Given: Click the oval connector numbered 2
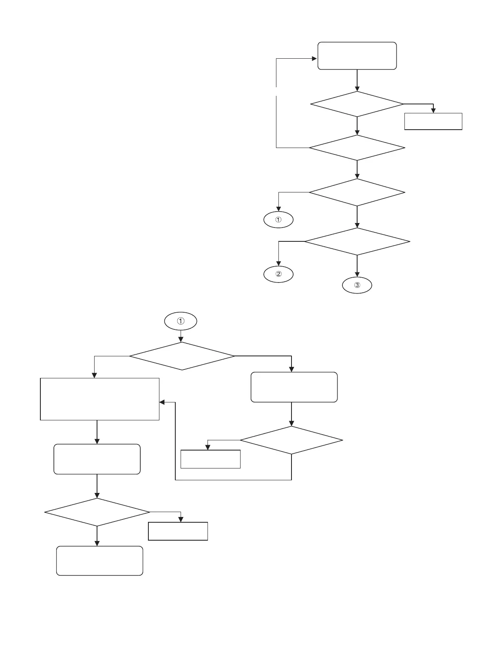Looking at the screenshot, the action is pyautogui.click(x=278, y=274).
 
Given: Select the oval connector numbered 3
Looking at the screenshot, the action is pyautogui.click(x=357, y=285).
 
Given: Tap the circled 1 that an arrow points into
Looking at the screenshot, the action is pyautogui.click(x=278, y=220).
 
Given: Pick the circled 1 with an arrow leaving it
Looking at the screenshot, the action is pyautogui.click(x=181, y=321).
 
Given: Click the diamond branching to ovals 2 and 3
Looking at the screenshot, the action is pyautogui.click(x=357, y=242).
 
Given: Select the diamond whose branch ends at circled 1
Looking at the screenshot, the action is pyautogui.click(x=357, y=192).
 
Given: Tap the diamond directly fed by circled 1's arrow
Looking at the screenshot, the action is pyautogui.click(x=182, y=356).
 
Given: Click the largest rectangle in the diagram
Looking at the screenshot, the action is pyautogui.click(x=99, y=399).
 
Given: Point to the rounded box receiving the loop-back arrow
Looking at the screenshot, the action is pyautogui.click(x=357, y=56).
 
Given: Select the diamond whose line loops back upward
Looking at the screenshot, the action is pyautogui.click(x=357, y=147).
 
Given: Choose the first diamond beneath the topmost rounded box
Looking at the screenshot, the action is pyautogui.click(x=357, y=104).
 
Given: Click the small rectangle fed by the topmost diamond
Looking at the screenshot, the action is pyautogui.click(x=433, y=121).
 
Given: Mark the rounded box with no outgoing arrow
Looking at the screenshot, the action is pyautogui.click(x=99, y=561).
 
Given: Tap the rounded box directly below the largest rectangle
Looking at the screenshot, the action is pyautogui.click(x=97, y=459).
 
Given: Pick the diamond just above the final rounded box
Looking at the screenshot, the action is pyautogui.click(x=97, y=512).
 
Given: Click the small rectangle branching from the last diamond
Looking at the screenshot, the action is pyautogui.click(x=178, y=531).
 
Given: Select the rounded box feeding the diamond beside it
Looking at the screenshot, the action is pyautogui.click(x=294, y=387).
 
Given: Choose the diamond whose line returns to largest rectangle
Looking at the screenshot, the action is pyautogui.click(x=291, y=440).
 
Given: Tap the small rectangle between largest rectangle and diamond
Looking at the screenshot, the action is pyautogui.click(x=210, y=459).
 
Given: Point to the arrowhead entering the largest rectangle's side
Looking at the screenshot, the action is pyautogui.click(x=162, y=402).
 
